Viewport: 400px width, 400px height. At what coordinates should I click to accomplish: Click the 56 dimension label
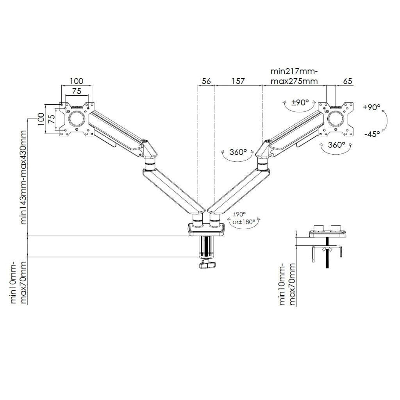tap(206, 81)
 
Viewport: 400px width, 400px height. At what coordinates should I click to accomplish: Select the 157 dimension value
tap(238, 81)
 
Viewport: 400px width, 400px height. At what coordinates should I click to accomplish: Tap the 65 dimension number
tap(348, 81)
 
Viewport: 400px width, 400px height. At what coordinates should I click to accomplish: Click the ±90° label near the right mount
tap(301, 103)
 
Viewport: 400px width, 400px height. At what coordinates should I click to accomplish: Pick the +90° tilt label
tap(371, 107)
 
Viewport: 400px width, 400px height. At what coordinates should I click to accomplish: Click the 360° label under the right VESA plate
tap(336, 145)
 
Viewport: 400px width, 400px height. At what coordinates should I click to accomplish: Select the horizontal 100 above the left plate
tap(77, 81)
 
